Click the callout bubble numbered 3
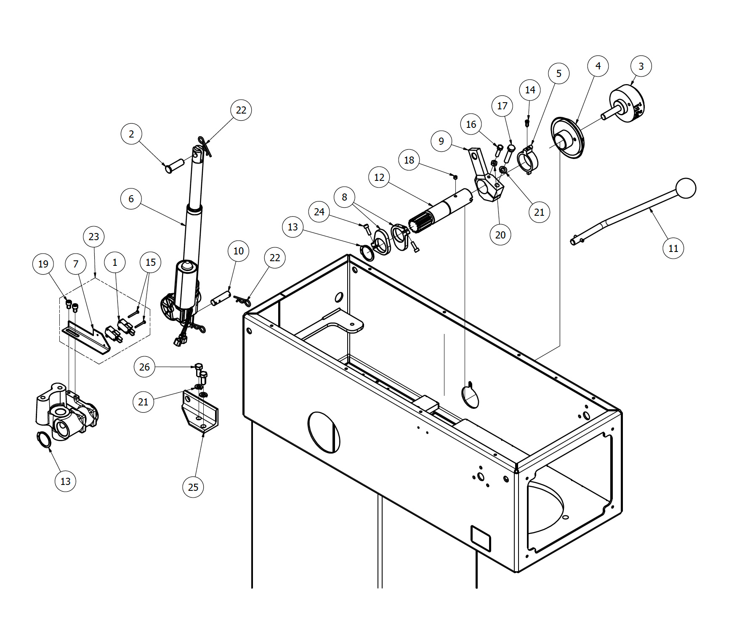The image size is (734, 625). [x=641, y=66]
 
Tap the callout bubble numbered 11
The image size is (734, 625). [x=673, y=248]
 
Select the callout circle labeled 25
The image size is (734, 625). [x=193, y=487]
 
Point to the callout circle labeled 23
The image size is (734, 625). [x=94, y=237]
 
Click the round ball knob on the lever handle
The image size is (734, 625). [x=686, y=188]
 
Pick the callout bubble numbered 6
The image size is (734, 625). [x=131, y=199]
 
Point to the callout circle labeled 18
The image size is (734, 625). [x=409, y=160]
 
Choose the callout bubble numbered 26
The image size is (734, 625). [x=144, y=367]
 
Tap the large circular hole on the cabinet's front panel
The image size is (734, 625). [x=324, y=432]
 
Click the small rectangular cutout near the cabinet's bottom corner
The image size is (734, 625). [x=481, y=538]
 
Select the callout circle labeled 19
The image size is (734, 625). [x=43, y=264]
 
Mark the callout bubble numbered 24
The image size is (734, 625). [x=319, y=212]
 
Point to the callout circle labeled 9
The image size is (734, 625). [x=441, y=141]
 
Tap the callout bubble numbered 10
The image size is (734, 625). [x=239, y=251]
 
